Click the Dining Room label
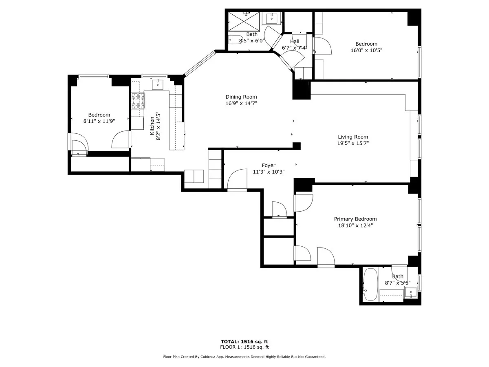[x=241, y=97]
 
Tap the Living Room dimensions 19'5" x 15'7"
[x=353, y=143]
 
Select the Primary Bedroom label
[x=355, y=219]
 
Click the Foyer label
[x=268, y=166]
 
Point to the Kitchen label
[x=152, y=126]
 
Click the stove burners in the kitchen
[x=138, y=101]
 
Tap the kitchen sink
[x=158, y=85]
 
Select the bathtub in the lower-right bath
[x=370, y=284]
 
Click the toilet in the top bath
[x=234, y=40]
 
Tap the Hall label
[x=295, y=42]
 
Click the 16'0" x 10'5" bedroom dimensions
[x=366, y=51]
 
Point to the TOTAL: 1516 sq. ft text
[x=244, y=342]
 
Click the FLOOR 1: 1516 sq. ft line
[x=244, y=347]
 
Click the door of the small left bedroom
[x=121, y=140]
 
